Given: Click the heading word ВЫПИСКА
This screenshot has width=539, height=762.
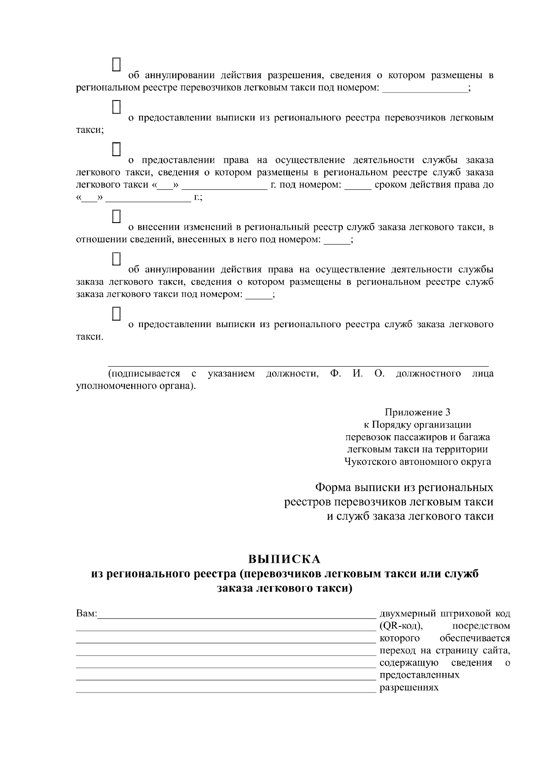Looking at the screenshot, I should pos(285,559).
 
